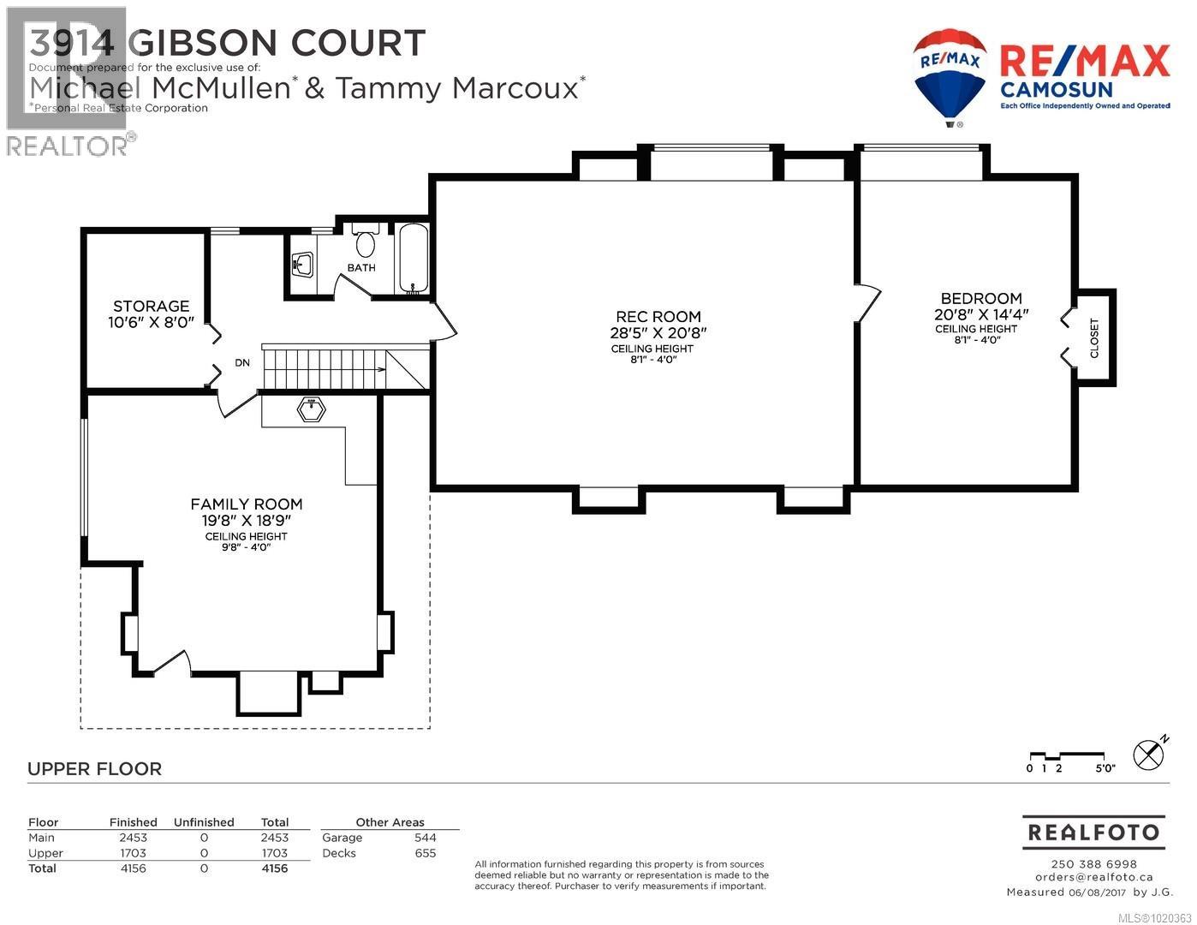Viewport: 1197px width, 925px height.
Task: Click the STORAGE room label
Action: [151, 306]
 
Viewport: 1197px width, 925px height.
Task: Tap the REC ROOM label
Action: [658, 317]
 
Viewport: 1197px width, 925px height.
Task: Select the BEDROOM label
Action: [981, 298]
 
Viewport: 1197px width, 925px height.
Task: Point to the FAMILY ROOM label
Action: [247, 504]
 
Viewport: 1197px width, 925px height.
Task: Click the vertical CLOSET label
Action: [1093, 338]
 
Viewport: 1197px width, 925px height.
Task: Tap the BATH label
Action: [361, 268]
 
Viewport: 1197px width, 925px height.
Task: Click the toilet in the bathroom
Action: [366, 242]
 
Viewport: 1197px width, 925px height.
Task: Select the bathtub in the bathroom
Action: [413, 260]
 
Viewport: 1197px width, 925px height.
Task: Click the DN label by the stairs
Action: [242, 363]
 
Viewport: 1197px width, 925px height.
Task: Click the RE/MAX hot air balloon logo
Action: [950, 75]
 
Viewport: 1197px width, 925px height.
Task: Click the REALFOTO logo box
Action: [1093, 832]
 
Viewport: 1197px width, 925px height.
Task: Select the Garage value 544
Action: [425, 838]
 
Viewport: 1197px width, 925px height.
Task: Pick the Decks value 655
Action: [425, 853]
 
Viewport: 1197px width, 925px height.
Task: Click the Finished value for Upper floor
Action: [133, 853]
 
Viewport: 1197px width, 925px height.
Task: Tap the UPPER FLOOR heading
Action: [94, 769]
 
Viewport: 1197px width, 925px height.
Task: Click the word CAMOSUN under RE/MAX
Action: [1056, 90]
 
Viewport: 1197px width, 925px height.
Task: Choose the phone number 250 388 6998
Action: [1093, 864]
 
